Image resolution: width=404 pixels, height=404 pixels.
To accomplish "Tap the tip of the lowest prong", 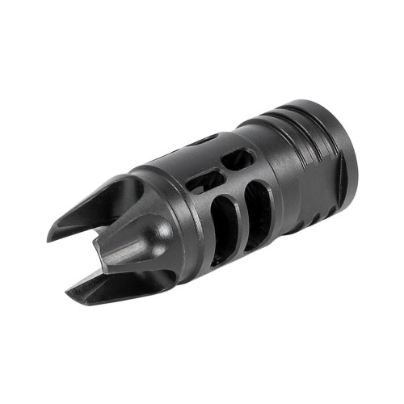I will pos(78,304).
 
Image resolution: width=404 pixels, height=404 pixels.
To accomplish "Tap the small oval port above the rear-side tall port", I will pos(241,158).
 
